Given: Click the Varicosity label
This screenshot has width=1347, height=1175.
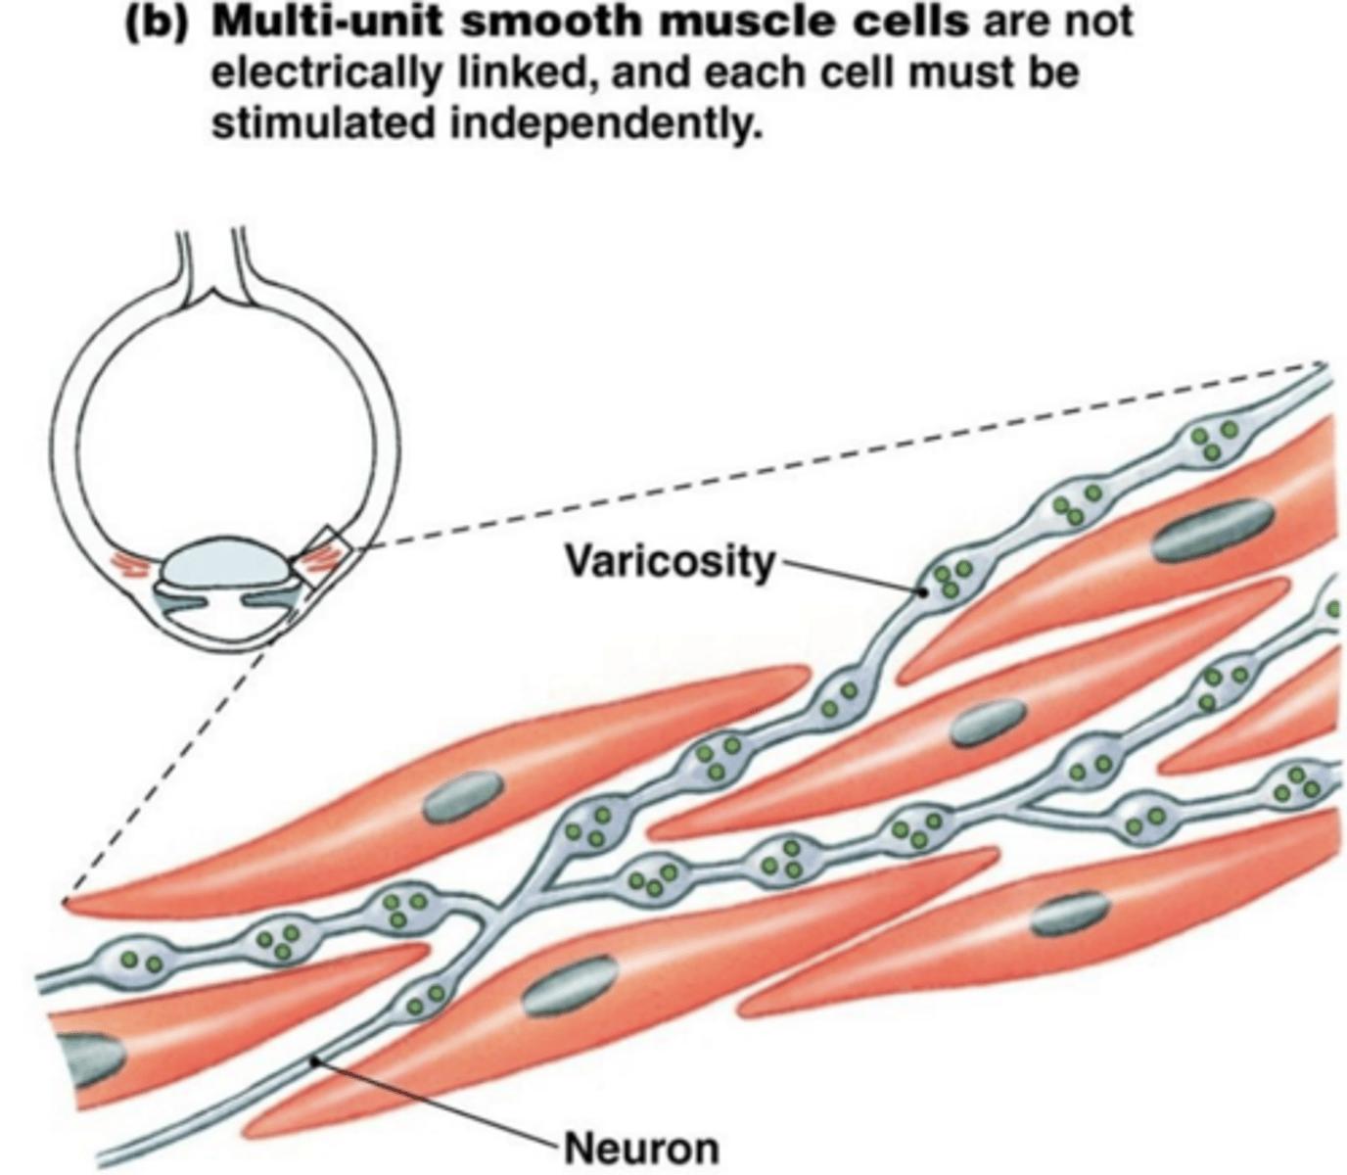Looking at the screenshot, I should coord(669,562).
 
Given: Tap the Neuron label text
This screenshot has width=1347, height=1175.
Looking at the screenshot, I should coord(641,1147).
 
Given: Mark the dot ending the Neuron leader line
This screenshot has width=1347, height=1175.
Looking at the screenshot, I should coord(313,1058).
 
